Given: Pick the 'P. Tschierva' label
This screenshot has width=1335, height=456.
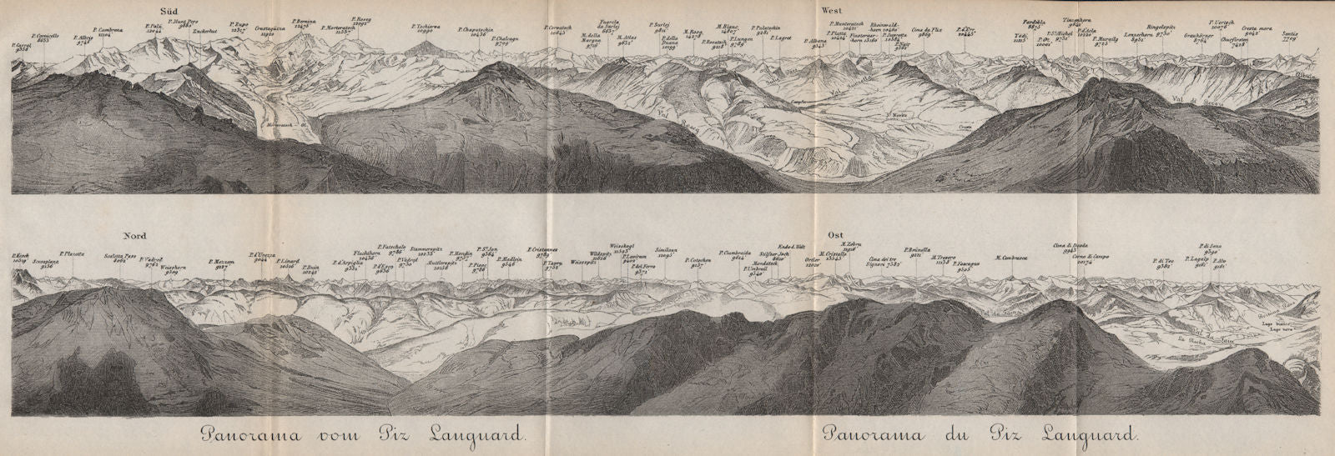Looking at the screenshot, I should [x=425, y=26].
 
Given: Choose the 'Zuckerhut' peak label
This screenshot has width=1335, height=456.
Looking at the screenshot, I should [x=204, y=32].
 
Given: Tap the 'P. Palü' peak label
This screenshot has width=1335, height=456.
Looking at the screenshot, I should [x=152, y=28].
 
